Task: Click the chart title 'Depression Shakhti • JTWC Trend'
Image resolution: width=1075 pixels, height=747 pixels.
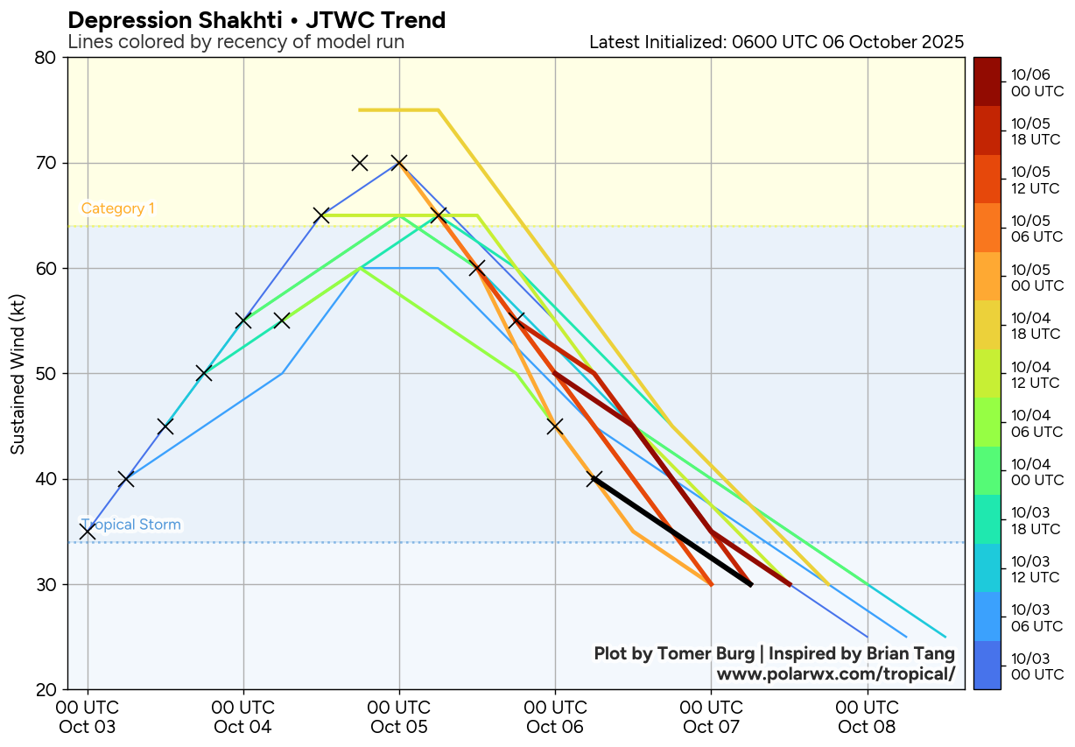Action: [x=256, y=20]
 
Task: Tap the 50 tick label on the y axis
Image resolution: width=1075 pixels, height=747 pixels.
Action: [x=46, y=374]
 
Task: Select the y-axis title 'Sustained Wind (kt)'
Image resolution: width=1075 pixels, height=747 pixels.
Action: [x=18, y=375]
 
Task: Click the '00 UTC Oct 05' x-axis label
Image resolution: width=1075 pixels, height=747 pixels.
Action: [x=399, y=716]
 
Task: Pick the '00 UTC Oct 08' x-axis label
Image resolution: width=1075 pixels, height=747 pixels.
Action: [x=867, y=716]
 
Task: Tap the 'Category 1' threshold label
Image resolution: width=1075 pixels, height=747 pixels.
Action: [x=117, y=208]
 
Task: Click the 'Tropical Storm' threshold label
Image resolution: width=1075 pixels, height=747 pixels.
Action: [x=130, y=525]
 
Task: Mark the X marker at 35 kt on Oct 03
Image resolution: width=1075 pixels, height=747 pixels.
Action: [x=88, y=532]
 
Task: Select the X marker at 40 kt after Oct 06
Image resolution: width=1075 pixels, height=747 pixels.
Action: [x=594, y=479]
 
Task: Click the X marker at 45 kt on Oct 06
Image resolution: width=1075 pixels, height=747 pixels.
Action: [x=555, y=426]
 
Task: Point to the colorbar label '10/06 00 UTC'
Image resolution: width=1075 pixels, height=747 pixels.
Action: [x=1036, y=82]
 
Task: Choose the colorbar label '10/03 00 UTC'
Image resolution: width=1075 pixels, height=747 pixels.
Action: [x=1036, y=666]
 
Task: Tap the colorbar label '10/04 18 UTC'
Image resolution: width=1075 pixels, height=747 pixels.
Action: [x=1036, y=325]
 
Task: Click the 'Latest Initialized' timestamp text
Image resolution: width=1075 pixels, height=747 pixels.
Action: [x=776, y=42]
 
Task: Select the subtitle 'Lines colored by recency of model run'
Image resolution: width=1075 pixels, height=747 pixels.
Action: [x=235, y=42]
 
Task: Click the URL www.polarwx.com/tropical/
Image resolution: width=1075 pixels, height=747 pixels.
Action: [x=835, y=674]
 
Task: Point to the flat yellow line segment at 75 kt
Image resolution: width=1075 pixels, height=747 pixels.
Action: [x=398, y=109]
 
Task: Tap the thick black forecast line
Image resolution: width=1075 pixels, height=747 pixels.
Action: [x=672, y=532]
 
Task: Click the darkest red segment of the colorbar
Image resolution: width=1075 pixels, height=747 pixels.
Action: [x=987, y=82]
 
